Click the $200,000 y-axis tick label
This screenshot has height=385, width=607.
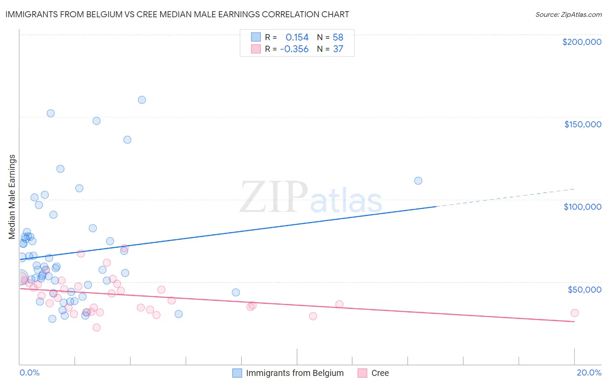click(582, 42)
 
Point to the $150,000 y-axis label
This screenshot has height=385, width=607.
click(582, 124)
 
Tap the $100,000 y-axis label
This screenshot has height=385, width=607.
click(582, 207)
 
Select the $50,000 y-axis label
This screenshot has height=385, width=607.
click(584, 289)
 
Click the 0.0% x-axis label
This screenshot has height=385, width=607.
click(29, 372)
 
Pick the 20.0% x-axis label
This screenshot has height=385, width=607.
click(589, 372)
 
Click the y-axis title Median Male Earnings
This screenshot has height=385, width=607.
click(12, 197)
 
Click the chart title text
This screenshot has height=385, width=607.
click(177, 14)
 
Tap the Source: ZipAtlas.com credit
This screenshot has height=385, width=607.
click(568, 14)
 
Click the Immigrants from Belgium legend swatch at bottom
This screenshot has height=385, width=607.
click(237, 373)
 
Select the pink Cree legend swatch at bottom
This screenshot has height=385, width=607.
click(362, 373)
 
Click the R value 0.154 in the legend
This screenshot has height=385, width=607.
click(297, 37)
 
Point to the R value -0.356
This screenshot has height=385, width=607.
click(294, 49)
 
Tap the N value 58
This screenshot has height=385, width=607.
click(338, 37)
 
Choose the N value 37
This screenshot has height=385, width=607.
click(338, 49)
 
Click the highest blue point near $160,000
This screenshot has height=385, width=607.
click(142, 100)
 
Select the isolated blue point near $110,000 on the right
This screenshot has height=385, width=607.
click(418, 181)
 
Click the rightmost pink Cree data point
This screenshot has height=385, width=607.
click(574, 313)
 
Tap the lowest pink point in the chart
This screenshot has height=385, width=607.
click(97, 328)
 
